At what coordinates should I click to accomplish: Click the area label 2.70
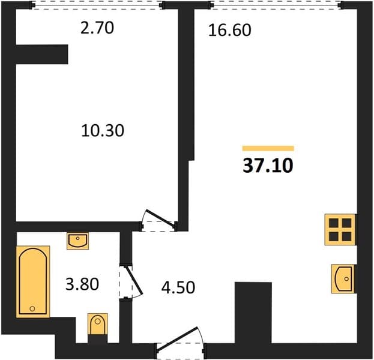tap(97, 28)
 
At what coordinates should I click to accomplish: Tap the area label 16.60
tap(230, 30)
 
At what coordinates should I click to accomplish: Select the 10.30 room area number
tap(103, 131)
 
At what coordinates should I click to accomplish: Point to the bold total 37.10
tap(268, 166)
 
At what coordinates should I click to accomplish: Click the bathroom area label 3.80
tap(82, 284)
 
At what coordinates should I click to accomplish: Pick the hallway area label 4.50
tap(178, 287)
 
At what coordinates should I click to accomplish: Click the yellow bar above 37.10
tap(268, 148)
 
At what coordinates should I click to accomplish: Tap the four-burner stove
tap(340, 230)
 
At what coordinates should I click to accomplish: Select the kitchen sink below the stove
tap(343, 279)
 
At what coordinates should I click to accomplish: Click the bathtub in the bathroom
tap(33, 281)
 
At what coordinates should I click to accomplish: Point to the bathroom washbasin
tap(78, 241)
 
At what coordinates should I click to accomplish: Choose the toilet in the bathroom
tap(98, 324)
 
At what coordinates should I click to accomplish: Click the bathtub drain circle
tap(32, 309)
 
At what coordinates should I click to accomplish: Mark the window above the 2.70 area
tap(97, 5)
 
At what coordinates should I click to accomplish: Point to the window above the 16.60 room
tap(276, 5)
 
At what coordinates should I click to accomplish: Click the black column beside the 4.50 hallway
tap(253, 313)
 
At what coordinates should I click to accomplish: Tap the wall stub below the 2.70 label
tap(42, 55)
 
